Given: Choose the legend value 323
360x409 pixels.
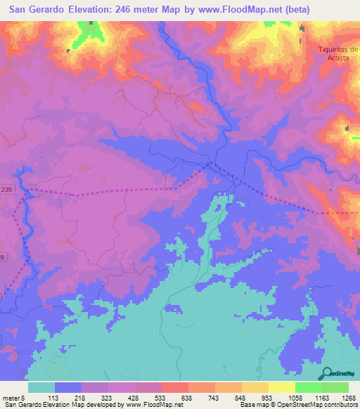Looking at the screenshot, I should tap(122, 397).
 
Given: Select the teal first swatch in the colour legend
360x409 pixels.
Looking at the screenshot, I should tap(41, 387).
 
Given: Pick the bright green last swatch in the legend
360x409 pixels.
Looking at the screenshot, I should tap(335, 387).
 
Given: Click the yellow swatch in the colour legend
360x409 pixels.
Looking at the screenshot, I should tap(282, 387).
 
